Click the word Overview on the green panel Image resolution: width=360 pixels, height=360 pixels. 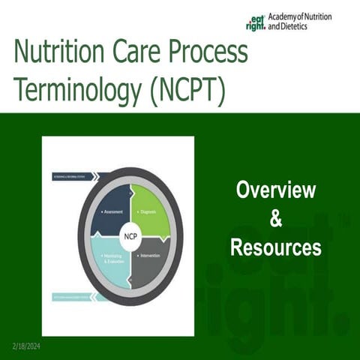275,190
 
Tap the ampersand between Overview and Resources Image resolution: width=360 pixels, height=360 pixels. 275,219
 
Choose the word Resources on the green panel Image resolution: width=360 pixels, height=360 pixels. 275,247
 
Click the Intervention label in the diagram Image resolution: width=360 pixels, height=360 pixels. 155,256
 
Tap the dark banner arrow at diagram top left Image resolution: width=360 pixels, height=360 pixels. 75,177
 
